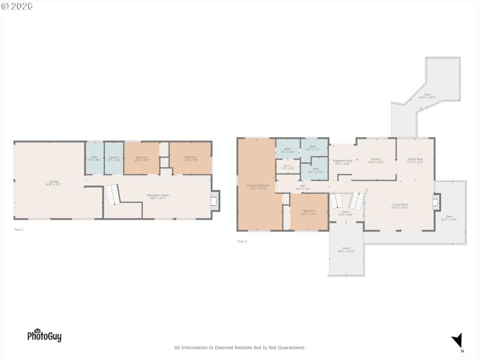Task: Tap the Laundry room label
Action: [x=114, y=159]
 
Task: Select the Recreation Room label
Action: [x=158, y=196]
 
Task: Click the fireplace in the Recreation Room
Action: [x=215, y=201]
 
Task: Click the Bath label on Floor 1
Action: [x=94, y=158]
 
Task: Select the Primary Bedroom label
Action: [x=258, y=187]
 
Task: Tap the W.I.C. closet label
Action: [x=288, y=167]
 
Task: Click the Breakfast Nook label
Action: [x=342, y=162]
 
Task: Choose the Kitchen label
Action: [x=375, y=160]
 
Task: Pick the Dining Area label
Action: [x=415, y=160]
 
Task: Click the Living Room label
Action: [x=400, y=206]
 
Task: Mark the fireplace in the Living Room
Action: [x=436, y=201]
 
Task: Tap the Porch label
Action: [x=347, y=249]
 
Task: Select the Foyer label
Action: [x=346, y=213]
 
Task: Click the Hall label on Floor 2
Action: [x=302, y=187]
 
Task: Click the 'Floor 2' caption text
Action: [x=242, y=241]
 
